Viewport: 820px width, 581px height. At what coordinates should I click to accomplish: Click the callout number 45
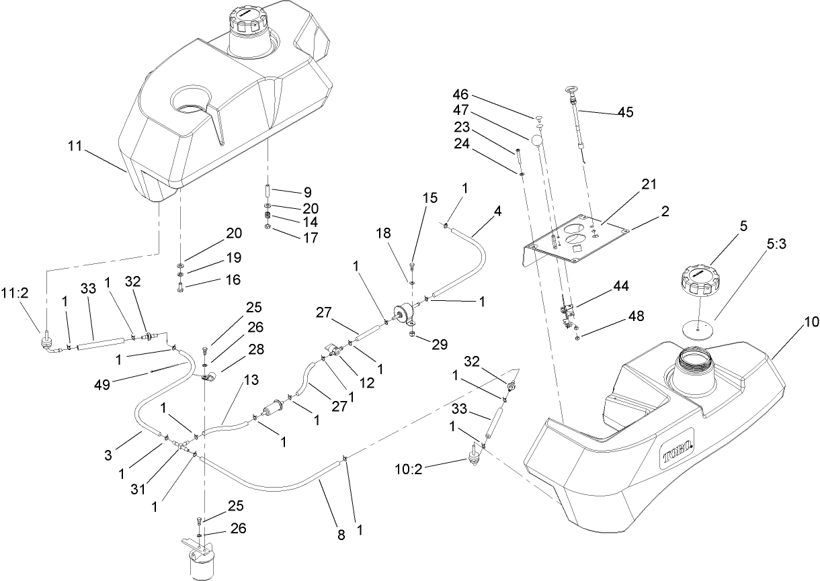click(x=624, y=112)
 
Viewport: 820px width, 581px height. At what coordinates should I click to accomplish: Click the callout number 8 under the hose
click(x=341, y=535)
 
